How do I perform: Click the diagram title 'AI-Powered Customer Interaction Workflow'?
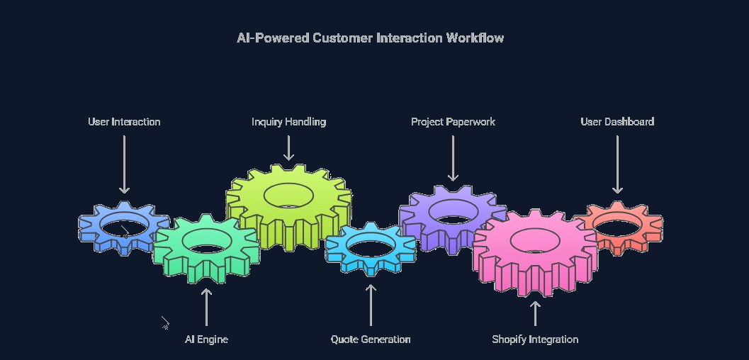(x=370, y=38)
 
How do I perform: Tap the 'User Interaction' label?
(x=124, y=122)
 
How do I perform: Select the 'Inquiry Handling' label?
(x=288, y=122)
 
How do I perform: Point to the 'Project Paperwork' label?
(x=453, y=122)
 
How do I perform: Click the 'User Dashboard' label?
(x=617, y=122)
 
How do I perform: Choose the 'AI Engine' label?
(x=206, y=339)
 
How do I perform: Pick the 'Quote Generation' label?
(x=371, y=339)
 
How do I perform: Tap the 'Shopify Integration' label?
(x=535, y=339)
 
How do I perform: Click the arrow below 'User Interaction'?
(x=124, y=164)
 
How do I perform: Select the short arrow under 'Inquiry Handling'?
(x=288, y=148)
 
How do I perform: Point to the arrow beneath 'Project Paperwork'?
(x=453, y=159)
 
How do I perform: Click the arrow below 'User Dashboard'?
(x=617, y=164)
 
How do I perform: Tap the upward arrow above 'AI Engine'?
(x=206, y=307)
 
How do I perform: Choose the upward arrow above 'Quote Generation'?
(x=371, y=305)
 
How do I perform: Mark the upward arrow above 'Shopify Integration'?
(x=535, y=313)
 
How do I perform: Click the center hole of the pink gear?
(x=535, y=241)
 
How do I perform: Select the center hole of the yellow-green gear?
(x=288, y=196)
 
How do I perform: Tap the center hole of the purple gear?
(x=453, y=211)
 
